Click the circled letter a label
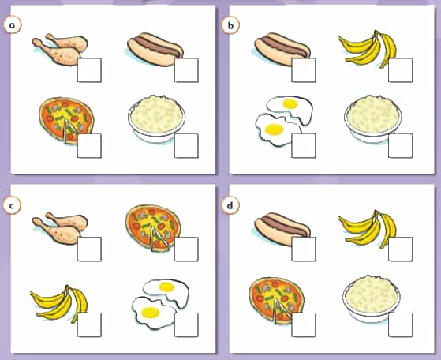12,25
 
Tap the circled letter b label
230,25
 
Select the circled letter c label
12,206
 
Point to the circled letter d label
230,206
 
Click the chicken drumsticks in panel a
60,49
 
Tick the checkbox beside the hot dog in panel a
186,70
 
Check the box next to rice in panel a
186,146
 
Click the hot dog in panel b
282,50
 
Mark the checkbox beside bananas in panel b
401,70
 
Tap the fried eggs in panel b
284,121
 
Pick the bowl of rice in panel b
373,118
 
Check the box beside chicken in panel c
89,249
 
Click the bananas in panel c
59,303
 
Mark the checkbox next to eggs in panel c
186,324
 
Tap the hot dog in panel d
282,230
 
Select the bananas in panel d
368,229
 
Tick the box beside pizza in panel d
304,324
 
